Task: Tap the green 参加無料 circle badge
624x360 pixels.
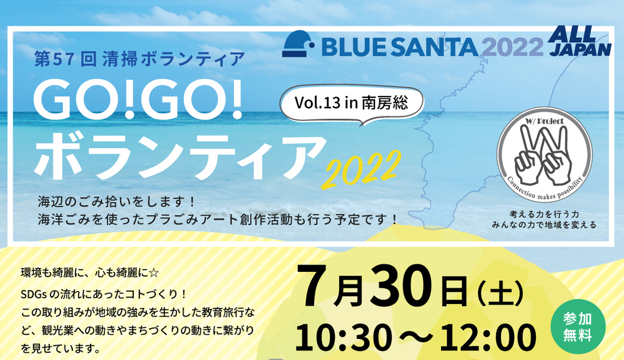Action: coord(578,328)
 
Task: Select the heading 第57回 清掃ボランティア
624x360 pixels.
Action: coord(139,59)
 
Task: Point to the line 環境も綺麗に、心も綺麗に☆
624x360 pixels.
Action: coord(90,271)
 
